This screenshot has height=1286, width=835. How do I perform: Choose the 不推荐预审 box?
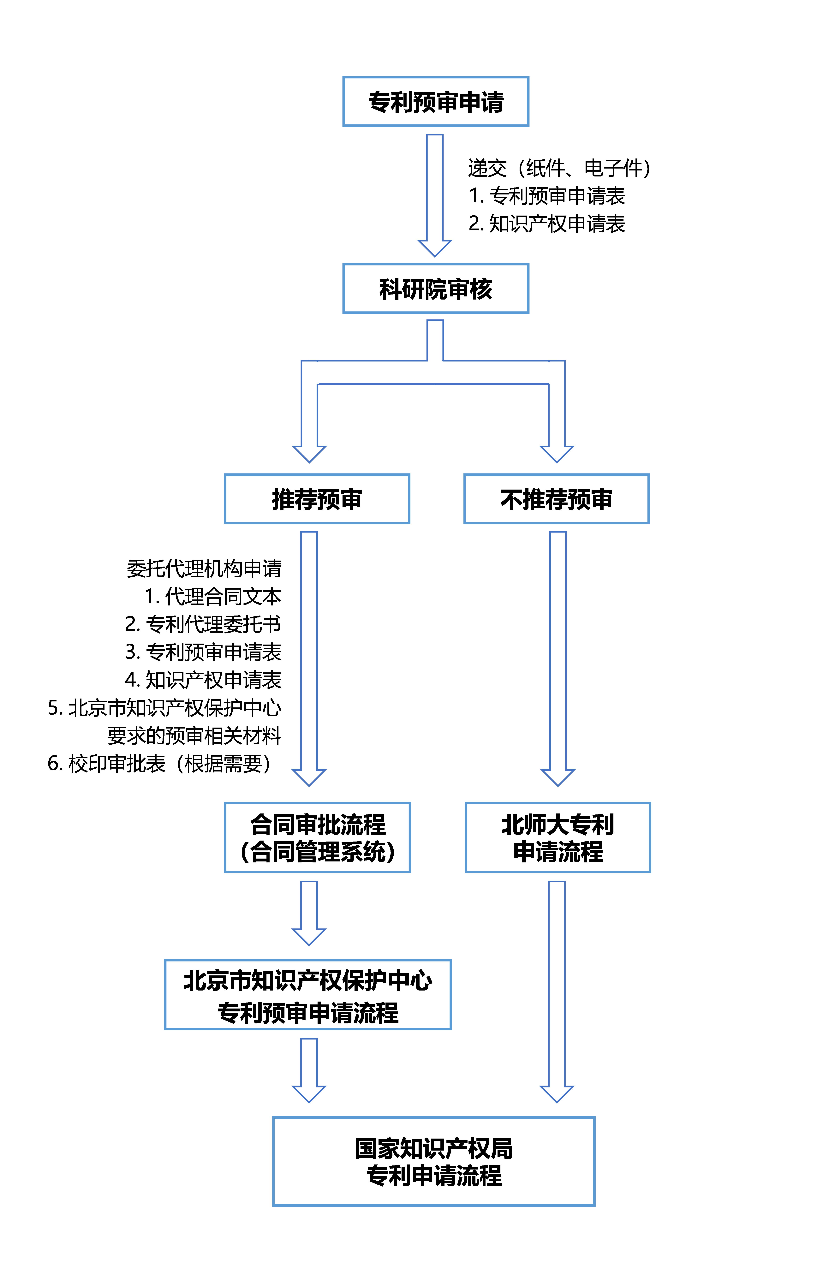tap(556, 499)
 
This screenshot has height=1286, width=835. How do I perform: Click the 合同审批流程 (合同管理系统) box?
tap(317, 837)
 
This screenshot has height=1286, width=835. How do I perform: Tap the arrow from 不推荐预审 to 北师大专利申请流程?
tap(558, 657)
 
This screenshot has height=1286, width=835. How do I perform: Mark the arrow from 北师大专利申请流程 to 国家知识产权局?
tap(557, 989)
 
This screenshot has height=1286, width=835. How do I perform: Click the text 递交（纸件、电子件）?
tap(559, 168)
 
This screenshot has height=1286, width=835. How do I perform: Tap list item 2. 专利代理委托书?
tap(203, 624)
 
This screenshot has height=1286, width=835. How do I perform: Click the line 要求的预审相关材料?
tap(194, 735)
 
